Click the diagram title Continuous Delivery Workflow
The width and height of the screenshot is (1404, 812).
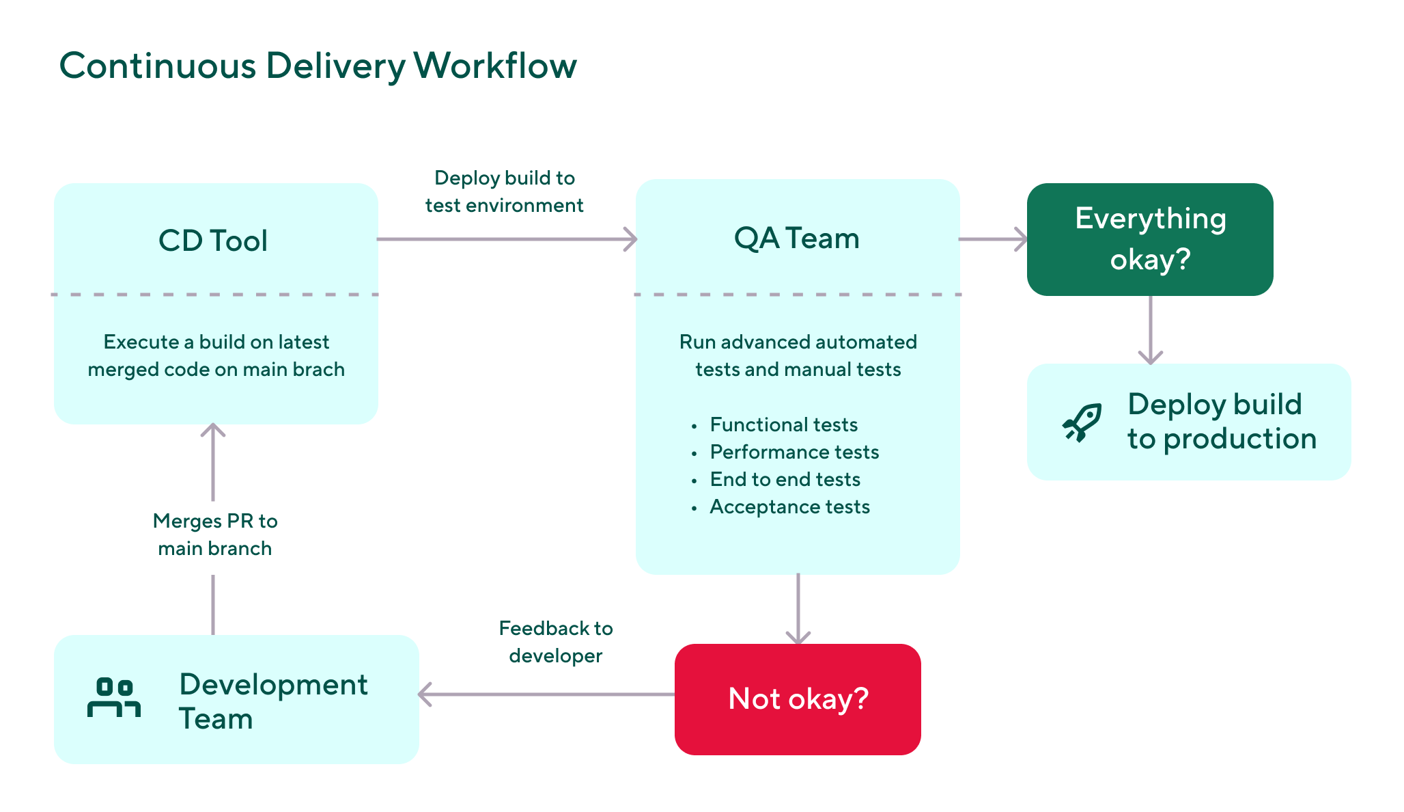click(318, 66)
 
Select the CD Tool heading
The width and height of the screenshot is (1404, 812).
click(213, 241)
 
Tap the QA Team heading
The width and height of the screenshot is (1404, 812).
click(796, 239)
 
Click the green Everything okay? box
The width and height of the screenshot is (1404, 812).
click(1150, 239)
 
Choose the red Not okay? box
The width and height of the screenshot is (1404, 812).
click(798, 699)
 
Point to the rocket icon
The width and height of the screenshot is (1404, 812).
click(1082, 422)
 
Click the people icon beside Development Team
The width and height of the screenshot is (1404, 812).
click(114, 697)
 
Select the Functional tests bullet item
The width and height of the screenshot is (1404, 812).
click(783, 424)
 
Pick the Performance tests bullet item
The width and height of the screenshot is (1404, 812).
click(794, 452)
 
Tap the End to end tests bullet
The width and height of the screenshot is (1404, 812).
click(785, 479)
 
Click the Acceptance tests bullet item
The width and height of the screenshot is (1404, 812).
click(789, 506)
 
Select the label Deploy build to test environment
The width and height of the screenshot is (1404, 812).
click(504, 191)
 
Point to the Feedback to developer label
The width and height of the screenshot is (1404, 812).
click(556, 642)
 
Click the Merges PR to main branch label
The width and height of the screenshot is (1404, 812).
click(215, 534)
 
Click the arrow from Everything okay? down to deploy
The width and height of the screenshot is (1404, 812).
click(1151, 329)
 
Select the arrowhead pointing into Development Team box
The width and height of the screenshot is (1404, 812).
click(425, 694)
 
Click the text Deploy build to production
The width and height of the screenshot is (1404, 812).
click(1221, 422)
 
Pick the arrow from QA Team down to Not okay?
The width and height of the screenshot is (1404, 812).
click(798, 608)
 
